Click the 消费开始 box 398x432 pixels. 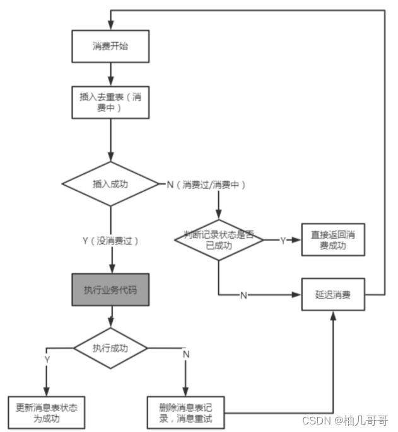click(x=111, y=47)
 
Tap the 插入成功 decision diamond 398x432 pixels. click(x=111, y=184)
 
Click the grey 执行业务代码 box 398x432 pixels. click(x=111, y=290)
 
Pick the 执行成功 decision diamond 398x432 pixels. click(x=111, y=348)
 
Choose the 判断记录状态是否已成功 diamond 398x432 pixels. click(x=218, y=240)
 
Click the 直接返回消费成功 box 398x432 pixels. click(x=333, y=240)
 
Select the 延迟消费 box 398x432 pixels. click(x=333, y=294)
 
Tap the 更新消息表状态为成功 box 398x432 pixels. click(x=47, y=412)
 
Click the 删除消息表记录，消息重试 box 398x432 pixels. click(x=186, y=412)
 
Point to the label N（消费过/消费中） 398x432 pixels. click(x=206, y=185)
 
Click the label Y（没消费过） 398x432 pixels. click(x=110, y=241)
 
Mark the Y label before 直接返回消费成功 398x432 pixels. click(x=283, y=240)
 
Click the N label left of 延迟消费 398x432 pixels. click(x=243, y=295)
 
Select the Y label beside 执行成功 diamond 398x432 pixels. click(x=47, y=359)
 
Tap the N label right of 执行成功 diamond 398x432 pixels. click(x=186, y=355)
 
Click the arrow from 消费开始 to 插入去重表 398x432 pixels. click(x=111, y=72)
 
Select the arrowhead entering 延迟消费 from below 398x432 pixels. click(x=333, y=315)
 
